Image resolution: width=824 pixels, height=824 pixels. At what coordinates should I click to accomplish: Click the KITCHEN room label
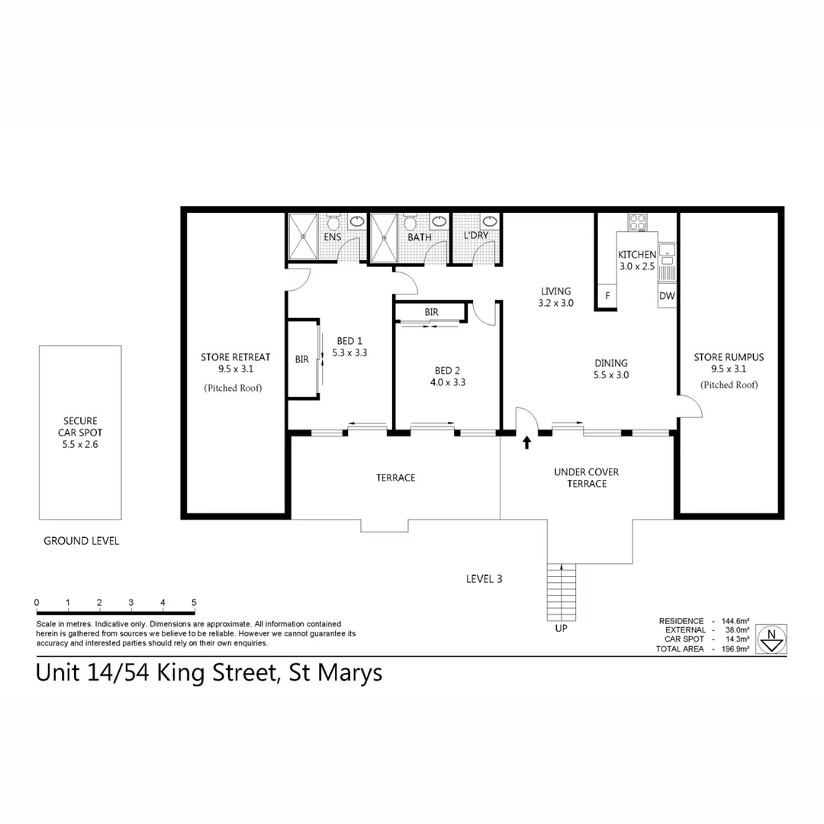pyautogui.click(x=636, y=254)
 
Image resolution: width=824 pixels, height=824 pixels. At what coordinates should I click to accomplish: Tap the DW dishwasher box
pyautogui.click(x=667, y=295)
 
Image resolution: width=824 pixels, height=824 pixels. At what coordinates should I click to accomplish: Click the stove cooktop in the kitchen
pyautogui.click(x=637, y=222)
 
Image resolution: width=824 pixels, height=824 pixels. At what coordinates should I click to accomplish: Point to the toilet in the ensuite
pyautogui.click(x=333, y=224)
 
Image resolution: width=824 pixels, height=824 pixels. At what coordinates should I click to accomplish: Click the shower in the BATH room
pyautogui.click(x=385, y=237)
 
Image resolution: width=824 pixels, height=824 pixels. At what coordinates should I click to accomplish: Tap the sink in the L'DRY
pyautogui.click(x=489, y=222)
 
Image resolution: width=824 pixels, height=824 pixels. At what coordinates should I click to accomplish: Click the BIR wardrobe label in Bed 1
pyautogui.click(x=301, y=359)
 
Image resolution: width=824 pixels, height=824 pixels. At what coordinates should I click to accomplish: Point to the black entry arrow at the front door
pyautogui.click(x=526, y=442)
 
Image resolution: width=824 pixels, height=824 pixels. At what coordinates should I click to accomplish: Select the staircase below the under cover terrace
pyautogui.click(x=562, y=594)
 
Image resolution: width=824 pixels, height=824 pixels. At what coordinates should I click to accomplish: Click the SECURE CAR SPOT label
pyautogui.click(x=80, y=426)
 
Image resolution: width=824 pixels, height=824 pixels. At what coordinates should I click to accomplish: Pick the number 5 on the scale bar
pyautogui.click(x=194, y=603)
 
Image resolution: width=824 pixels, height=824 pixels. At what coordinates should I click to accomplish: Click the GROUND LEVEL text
pyautogui.click(x=81, y=541)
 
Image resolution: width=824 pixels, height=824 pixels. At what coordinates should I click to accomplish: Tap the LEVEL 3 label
pyautogui.click(x=484, y=578)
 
